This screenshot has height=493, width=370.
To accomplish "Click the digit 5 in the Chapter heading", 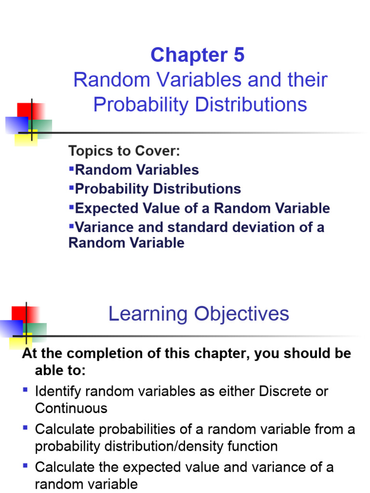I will (239, 55).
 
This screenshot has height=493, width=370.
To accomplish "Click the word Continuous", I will (71, 408).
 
